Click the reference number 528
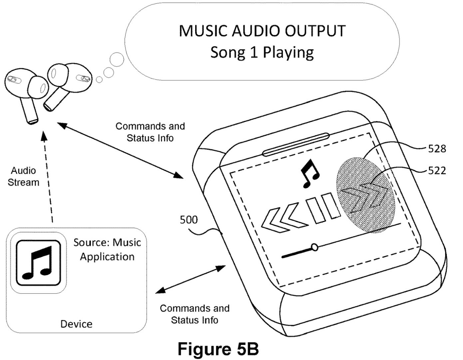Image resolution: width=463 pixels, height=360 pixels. (436, 149)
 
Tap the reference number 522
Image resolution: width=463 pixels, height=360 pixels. (436, 171)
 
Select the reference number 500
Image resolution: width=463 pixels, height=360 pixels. (189, 220)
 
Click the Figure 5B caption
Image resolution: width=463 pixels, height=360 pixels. (218, 349)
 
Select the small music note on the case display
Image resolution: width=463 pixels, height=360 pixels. (309, 173)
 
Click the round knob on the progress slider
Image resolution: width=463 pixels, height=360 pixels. (314, 247)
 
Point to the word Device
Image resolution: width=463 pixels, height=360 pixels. (76, 324)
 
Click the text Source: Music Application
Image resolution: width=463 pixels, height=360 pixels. (107, 249)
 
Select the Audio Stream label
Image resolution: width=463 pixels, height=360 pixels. (23, 176)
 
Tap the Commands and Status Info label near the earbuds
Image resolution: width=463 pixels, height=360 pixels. (150, 132)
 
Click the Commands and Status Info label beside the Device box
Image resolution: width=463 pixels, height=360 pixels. (195, 314)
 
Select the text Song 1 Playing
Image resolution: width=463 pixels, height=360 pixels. (262, 52)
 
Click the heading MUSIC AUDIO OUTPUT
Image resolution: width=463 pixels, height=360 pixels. (262, 31)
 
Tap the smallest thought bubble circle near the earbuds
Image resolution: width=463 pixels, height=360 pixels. (99, 79)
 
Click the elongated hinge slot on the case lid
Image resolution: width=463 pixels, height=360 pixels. (296, 144)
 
